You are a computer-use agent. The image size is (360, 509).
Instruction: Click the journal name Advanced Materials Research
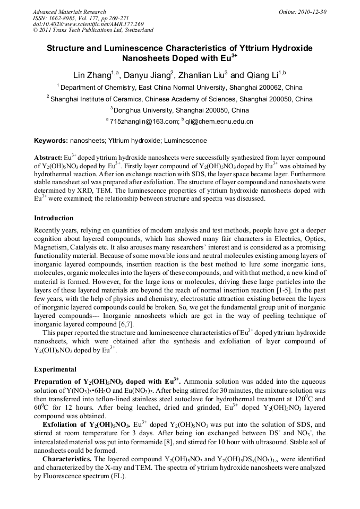[x=69, y=12]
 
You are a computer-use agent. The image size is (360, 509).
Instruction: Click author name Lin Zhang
[x=91, y=75]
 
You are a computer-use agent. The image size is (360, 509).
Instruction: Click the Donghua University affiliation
[x=179, y=110]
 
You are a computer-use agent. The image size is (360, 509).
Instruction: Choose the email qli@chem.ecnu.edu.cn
[x=219, y=122]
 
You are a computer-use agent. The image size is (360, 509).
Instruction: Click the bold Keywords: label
[x=51, y=141]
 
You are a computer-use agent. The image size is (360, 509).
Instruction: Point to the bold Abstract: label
[x=48, y=158]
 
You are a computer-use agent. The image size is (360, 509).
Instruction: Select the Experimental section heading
[x=55, y=369]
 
